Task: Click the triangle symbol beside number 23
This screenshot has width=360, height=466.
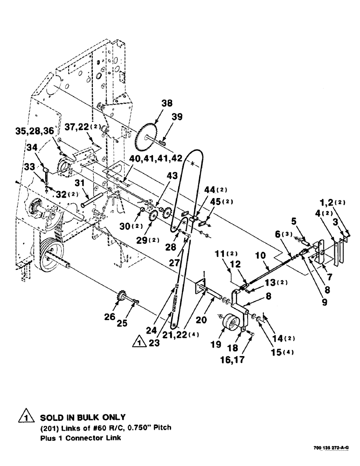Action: pyautogui.click(x=138, y=343)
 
